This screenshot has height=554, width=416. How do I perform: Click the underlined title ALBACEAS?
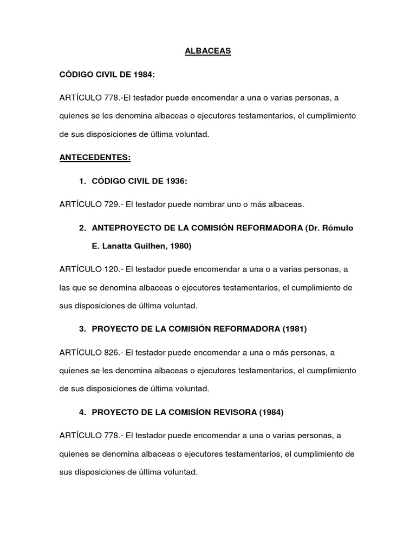tap(208, 51)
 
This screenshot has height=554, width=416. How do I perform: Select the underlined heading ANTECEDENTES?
tap(95, 158)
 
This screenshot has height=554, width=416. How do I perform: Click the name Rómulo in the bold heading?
tap(338, 228)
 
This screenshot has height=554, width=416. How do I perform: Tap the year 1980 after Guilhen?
tap(179, 246)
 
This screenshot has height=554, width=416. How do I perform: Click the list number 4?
tap(81, 412)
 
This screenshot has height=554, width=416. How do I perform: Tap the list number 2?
tap(81, 228)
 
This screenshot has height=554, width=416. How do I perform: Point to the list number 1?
tap(81, 181)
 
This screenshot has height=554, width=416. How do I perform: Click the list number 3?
tap(81, 329)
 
